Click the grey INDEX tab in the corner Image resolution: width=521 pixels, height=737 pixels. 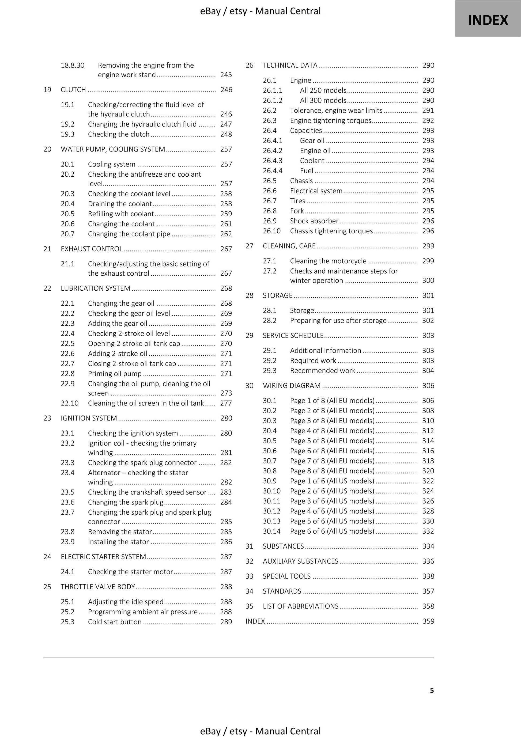[488, 20]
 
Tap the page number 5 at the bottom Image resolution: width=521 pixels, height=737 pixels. [432, 690]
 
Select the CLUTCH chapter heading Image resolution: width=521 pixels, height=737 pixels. [73, 90]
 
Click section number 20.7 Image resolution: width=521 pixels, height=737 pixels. [67, 234]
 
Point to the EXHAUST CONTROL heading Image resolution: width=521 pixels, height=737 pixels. [92, 249]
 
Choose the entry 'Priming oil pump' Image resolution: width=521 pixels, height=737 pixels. [115, 374]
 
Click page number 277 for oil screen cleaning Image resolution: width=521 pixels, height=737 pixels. [226, 403]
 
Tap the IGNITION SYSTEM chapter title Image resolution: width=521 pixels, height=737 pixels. [89, 418]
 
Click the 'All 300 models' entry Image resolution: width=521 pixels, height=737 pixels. [323, 100]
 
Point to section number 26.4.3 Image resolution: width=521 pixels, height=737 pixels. [272, 161]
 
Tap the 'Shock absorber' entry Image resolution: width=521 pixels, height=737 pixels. [314, 221]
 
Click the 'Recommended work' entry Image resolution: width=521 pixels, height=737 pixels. [323, 371]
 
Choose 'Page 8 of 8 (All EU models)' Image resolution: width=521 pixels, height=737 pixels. [332, 471]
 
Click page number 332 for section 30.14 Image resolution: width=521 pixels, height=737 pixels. [428, 531]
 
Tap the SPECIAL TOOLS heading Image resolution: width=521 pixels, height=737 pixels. [286, 576]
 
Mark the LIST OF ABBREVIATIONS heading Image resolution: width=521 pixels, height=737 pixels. [300, 606]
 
